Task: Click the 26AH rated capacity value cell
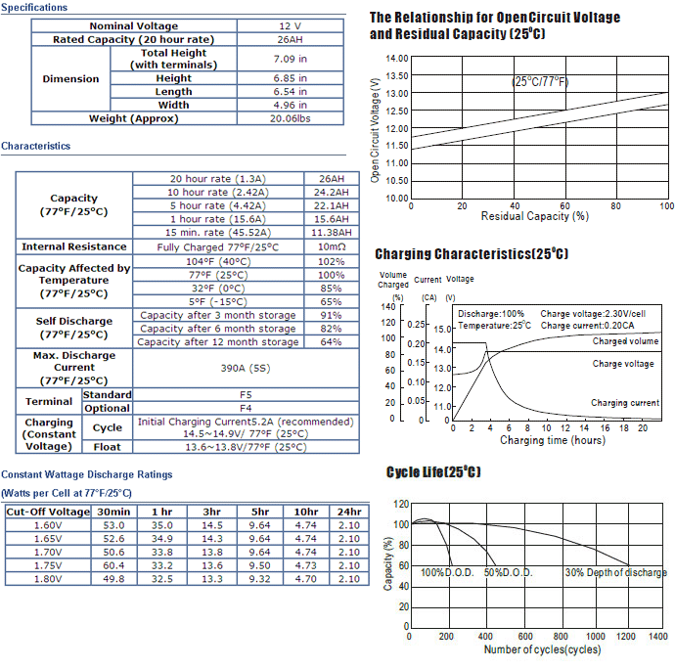(x=290, y=39)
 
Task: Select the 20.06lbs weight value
(x=290, y=118)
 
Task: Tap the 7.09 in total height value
(x=290, y=59)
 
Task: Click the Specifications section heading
(x=34, y=7)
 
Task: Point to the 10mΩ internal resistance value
(x=332, y=246)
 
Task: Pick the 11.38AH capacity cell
(x=332, y=233)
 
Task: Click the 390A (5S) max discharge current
(x=246, y=368)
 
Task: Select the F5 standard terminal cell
(x=246, y=395)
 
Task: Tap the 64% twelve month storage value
(x=331, y=341)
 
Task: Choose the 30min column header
(x=113, y=512)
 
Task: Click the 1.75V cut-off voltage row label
(x=48, y=565)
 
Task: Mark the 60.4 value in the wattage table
(x=113, y=565)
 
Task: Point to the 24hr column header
(x=349, y=512)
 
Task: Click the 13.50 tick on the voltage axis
(x=397, y=75)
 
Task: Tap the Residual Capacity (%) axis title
(x=535, y=216)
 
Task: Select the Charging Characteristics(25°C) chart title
(x=472, y=254)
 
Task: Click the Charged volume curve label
(x=625, y=341)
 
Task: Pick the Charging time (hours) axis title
(x=553, y=440)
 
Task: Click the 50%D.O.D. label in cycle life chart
(x=509, y=572)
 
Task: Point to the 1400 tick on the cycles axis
(x=657, y=637)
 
